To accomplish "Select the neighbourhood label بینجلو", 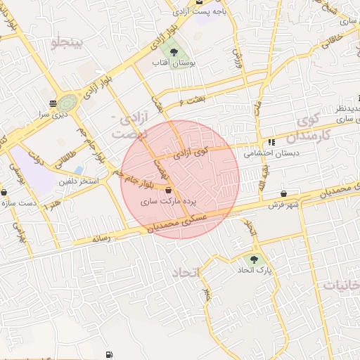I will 67,44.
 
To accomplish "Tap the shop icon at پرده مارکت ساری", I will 169,190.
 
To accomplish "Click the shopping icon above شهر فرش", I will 283,193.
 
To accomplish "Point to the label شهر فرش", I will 283,205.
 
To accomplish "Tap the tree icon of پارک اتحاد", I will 254,259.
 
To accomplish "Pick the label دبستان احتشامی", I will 271,153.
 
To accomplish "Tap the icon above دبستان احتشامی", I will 271,142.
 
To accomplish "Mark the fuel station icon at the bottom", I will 108,355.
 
